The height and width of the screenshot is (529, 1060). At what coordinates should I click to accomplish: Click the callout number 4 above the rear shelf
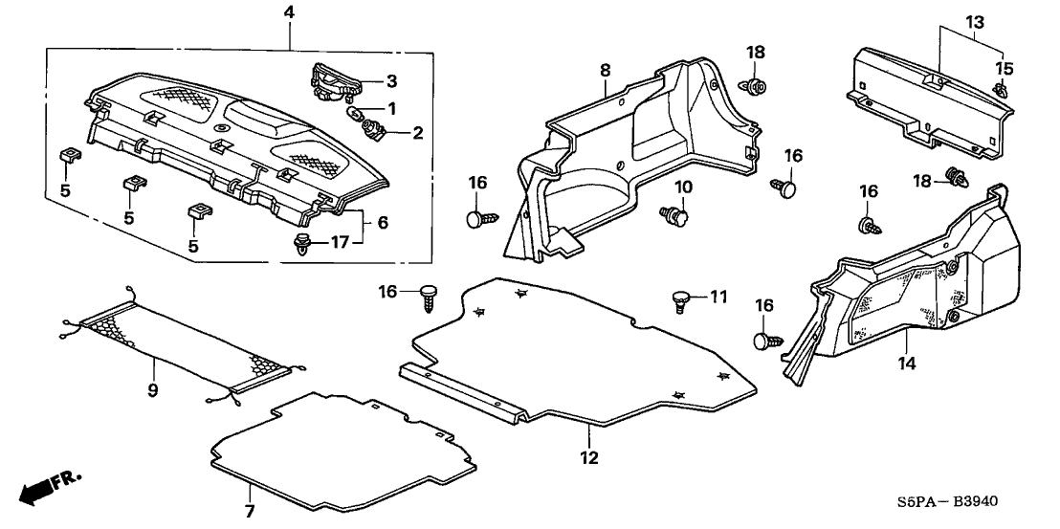point(290,12)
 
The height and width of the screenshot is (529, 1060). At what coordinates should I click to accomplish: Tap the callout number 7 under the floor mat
point(250,512)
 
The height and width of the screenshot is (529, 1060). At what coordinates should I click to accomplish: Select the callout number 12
point(589,458)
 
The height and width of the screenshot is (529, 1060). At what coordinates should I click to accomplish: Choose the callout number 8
point(605,70)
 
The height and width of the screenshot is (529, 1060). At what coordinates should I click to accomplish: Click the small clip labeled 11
point(682,300)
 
